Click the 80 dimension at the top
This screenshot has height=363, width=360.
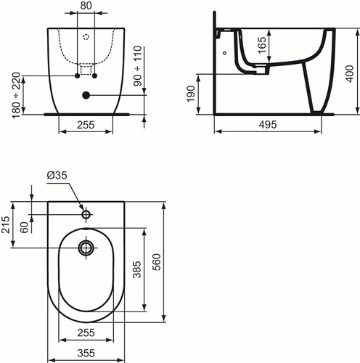click(86, 6)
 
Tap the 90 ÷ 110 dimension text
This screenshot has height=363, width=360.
click(138, 66)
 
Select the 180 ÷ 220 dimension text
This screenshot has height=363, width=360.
click(17, 95)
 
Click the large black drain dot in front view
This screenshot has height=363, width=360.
click(86, 95)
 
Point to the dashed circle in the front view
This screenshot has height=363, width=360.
click(86, 37)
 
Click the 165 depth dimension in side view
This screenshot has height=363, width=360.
click(262, 45)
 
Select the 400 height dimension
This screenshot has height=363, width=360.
click(350, 73)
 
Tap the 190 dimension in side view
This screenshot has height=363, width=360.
click(191, 94)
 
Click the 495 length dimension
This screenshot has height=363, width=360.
click(268, 125)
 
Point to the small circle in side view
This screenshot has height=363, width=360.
click(225, 53)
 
